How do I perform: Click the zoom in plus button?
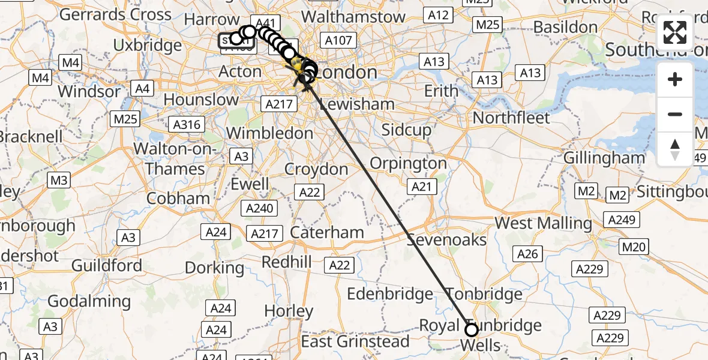tap(675, 79)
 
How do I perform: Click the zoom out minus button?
tap(675, 114)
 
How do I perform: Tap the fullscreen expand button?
tap(675, 32)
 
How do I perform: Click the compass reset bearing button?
tap(675, 149)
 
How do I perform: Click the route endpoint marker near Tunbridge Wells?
tap(472, 329)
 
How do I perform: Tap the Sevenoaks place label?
tap(447, 240)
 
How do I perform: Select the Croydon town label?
tap(316, 169)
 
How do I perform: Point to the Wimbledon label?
tap(269, 133)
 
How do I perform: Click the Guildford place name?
tap(107, 265)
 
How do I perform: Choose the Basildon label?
tap(565, 27)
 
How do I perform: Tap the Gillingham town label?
tap(604, 158)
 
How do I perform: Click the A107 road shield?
tap(338, 40)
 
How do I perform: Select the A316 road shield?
tap(187, 124)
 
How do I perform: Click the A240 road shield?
tap(260, 209)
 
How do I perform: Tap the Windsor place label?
tap(90, 92)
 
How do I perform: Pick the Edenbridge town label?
tap(390, 294)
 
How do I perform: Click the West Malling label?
tap(543, 223)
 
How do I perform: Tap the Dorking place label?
tap(214, 268)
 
